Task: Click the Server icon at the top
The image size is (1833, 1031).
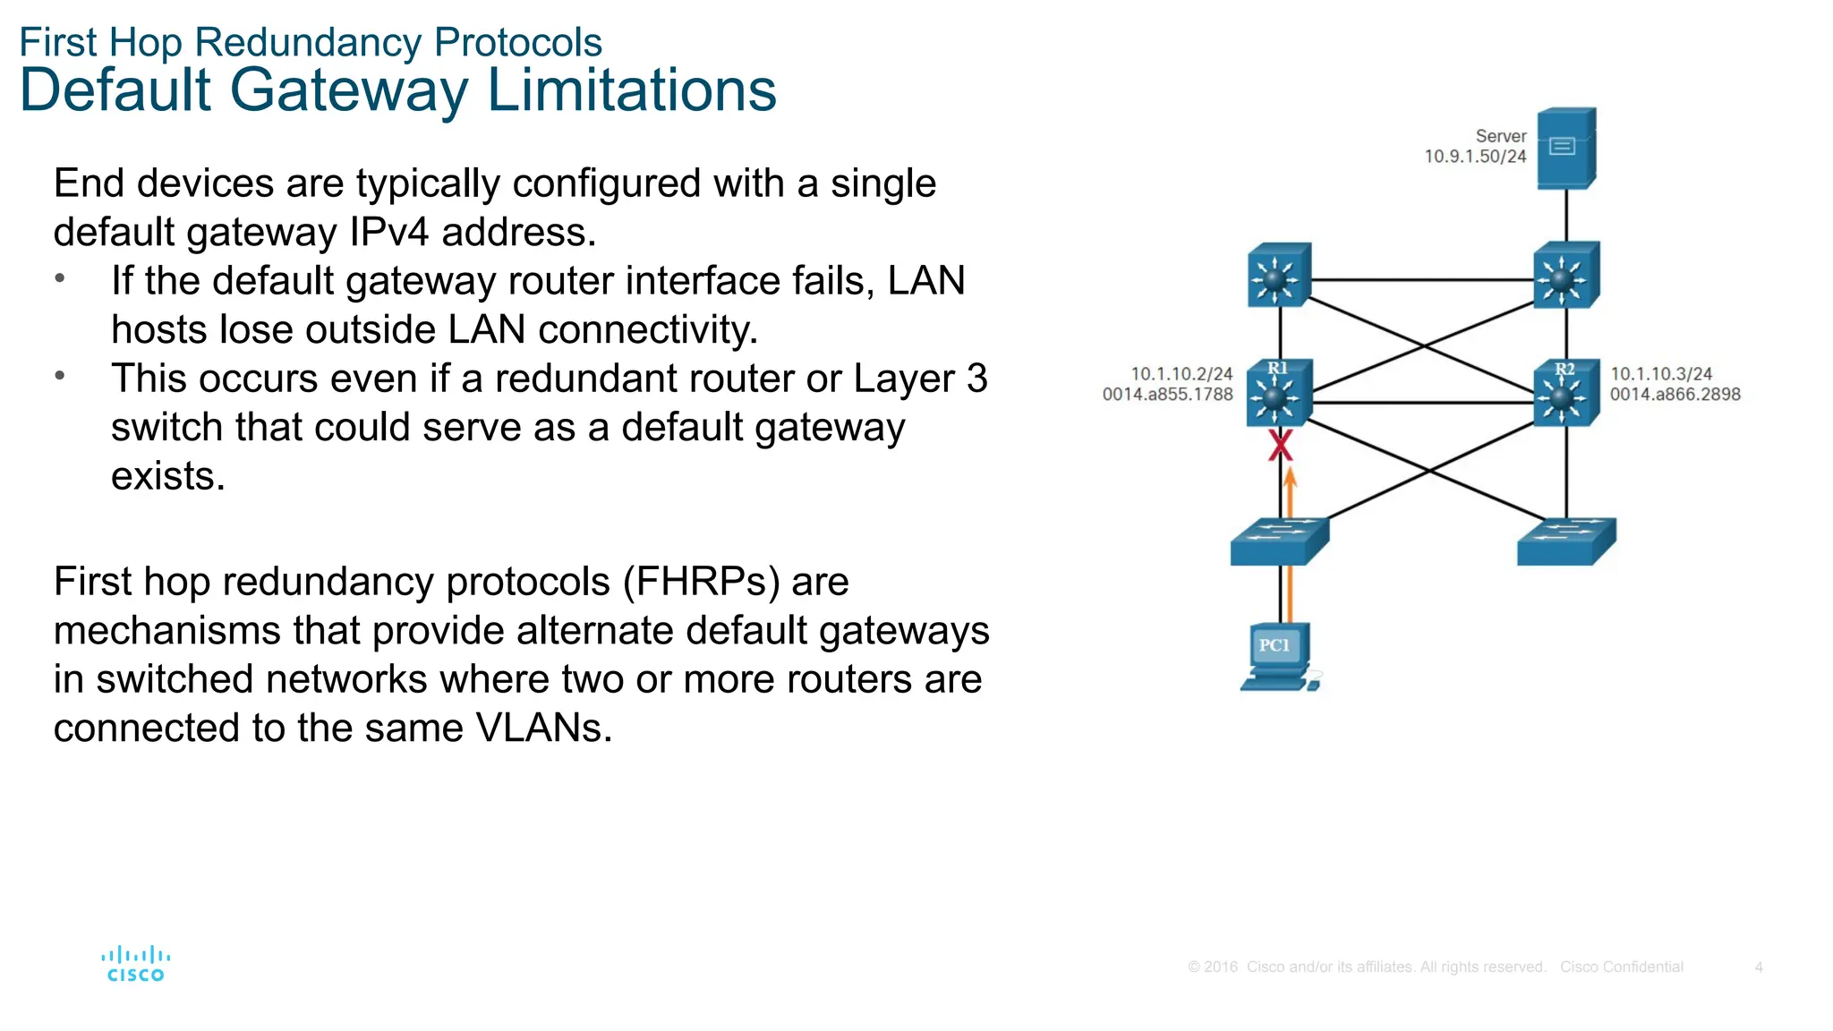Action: click(x=1565, y=148)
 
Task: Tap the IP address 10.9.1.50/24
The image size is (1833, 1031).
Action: click(x=1475, y=157)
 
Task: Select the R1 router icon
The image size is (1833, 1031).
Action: click(x=1279, y=392)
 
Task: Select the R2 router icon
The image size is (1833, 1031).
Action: click(x=1565, y=392)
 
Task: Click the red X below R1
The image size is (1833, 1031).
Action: click(x=1281, y=445)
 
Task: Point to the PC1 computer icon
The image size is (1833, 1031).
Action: click(x=1279, y=657)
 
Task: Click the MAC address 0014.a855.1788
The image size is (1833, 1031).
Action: click(x=1167, y=395)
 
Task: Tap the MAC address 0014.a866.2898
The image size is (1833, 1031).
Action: click(x=1675, y=395)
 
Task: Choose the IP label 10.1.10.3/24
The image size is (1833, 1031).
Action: click(x=1661, y=374)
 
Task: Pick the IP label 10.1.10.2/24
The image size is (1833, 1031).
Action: click(x=1181, y=374)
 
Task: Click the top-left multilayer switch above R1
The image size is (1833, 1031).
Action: click(x=1279, y=276)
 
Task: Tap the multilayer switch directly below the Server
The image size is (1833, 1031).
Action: click(x=1565, y=275)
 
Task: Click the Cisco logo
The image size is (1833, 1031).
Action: click(x=136, y=964)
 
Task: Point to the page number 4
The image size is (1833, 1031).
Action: click(x=1758, y=967)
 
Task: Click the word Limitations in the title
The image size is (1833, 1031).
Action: click(x=631, y=90)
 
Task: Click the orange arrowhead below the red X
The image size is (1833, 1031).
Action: click(x=1290, y=479)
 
